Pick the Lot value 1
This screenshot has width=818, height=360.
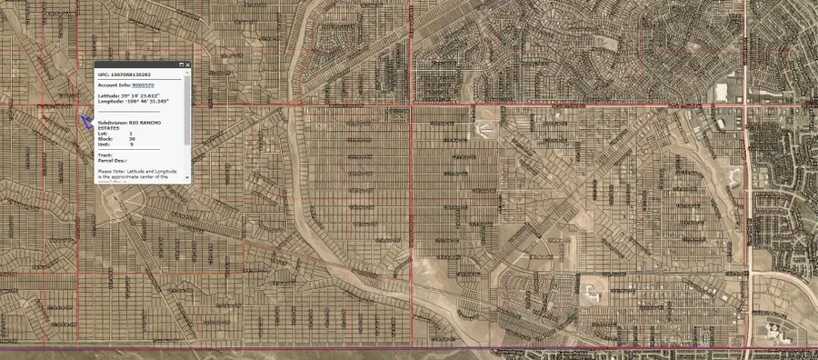pos(131,134)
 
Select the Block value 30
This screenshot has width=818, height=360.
pos(132,139)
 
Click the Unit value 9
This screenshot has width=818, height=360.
pos(132,145)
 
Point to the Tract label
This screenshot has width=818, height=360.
pos(105,155)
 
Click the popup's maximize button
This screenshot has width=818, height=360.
pos(181,65)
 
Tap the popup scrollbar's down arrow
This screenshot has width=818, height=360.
pos(187,177)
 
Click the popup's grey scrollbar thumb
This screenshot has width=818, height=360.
pos(187,109)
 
